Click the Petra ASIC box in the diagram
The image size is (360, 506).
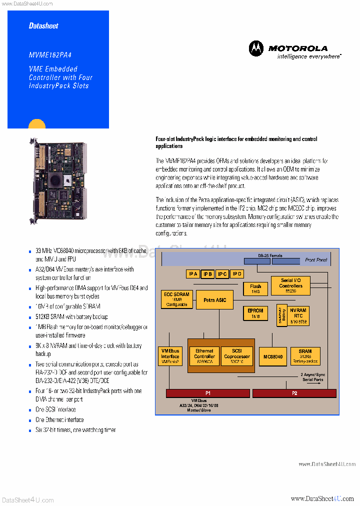click(214, 300)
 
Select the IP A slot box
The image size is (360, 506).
click(193, 273)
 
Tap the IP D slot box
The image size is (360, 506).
click(237, 273)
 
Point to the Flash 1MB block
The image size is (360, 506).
click(255, 288)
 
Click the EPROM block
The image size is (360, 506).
click(255, 313)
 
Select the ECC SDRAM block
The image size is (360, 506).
click(176, 299)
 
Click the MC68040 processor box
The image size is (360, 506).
click(272, 356)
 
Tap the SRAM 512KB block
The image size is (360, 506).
click(305, 356)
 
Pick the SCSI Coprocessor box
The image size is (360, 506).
click(233, 356)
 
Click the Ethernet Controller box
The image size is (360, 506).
click(204, 356)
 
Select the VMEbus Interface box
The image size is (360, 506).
click(170, 356)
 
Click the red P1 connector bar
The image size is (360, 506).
click(208, 393)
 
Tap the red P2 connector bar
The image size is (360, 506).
click(294, 393)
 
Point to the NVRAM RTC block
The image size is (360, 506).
click(298, 316)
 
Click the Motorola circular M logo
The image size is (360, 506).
click(256, 48)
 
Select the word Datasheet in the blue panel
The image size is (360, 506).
click(43, 25)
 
